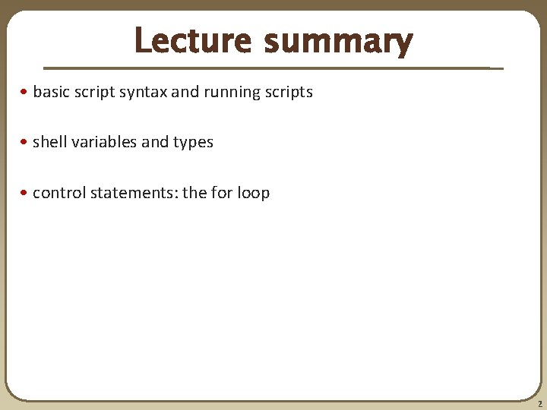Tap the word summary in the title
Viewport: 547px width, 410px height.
click(x=338, y=42)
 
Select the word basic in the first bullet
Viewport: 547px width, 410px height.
click(x=51, y=92)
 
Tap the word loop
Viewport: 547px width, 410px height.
click(x=253, y=193)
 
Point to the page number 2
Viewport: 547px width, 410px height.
click(x=538, y=404)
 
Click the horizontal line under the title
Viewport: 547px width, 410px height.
click(x=266, y=68)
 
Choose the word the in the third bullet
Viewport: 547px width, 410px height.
click(x=194, y=193)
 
